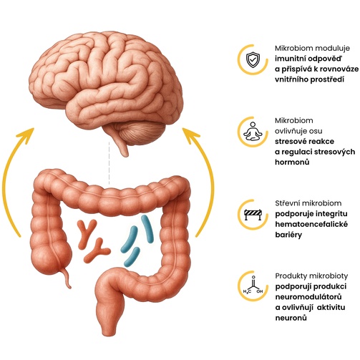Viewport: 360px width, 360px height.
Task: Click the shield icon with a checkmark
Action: click(x=253, y=59)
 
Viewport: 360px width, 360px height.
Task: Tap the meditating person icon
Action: click(x=253, y=131)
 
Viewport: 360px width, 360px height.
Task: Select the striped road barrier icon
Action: click(x=253, y=215)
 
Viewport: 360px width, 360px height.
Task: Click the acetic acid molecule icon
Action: click(x=253, y=286)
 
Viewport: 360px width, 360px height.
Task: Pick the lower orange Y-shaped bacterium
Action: click(x=97, y=250)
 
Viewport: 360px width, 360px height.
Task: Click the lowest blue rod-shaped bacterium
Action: click(x=132, y=257)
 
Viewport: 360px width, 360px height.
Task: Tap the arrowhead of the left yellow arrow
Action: click(x=27, y=135)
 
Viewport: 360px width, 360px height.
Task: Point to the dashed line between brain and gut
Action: click(x=110, y=163)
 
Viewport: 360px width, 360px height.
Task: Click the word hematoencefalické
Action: click(x=311, y=224)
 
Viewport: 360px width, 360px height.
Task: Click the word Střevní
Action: click(x=287, y=203)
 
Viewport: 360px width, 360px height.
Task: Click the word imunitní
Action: click(x=290, y=59)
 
